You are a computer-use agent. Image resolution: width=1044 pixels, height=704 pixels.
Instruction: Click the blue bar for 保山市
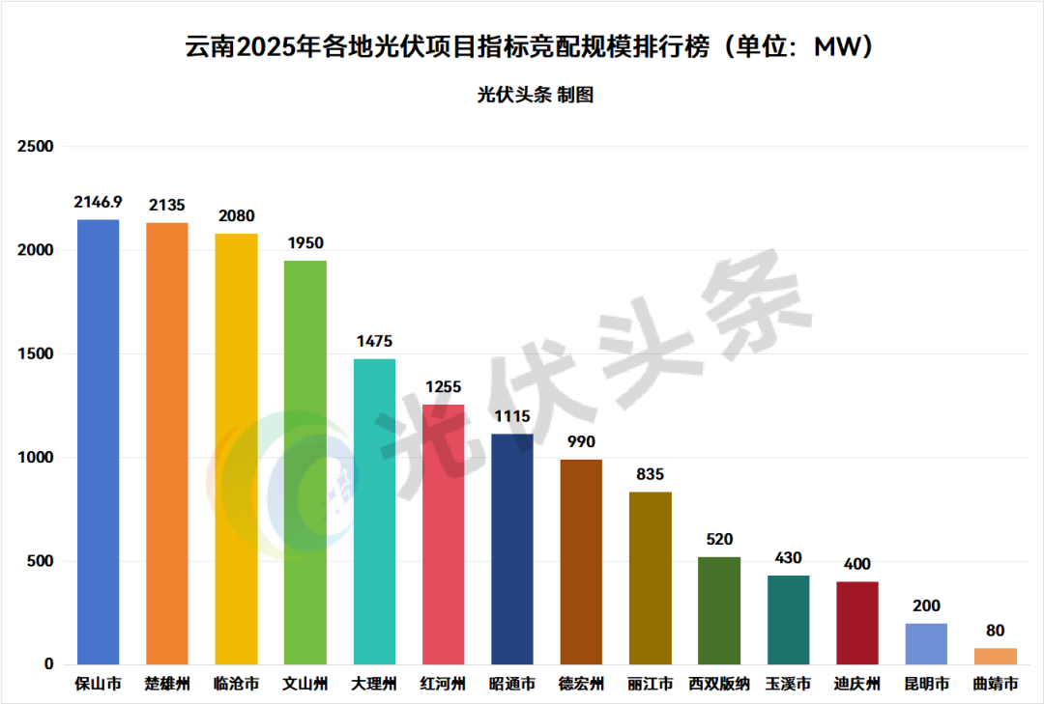(99, 442)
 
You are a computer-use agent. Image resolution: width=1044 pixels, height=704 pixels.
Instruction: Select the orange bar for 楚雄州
(167, 444)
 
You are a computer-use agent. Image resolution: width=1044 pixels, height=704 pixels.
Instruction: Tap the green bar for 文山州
(305, 463)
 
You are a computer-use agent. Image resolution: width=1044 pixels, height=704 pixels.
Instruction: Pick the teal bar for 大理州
(374, 512)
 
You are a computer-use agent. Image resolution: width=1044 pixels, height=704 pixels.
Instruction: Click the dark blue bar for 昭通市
(512, 549)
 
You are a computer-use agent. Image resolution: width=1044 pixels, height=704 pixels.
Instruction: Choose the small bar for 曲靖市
(996, 657)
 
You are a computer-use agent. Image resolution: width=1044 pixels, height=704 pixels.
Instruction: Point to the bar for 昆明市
(926, 644)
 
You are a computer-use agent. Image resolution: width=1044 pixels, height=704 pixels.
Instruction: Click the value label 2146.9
(99, 202)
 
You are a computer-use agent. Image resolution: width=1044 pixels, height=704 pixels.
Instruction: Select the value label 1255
(444, 386)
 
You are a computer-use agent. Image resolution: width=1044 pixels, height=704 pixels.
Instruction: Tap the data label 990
(581, 441)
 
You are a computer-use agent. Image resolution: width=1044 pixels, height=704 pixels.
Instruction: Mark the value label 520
(719, 539)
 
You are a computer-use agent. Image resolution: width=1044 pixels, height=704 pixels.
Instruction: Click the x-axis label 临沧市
(237, 685)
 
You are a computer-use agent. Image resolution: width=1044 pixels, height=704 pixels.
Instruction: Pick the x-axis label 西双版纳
(719, 685)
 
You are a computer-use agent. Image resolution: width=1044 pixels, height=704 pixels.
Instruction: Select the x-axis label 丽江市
(651, 685)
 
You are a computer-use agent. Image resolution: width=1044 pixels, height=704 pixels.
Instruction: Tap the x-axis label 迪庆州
(857, 685)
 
